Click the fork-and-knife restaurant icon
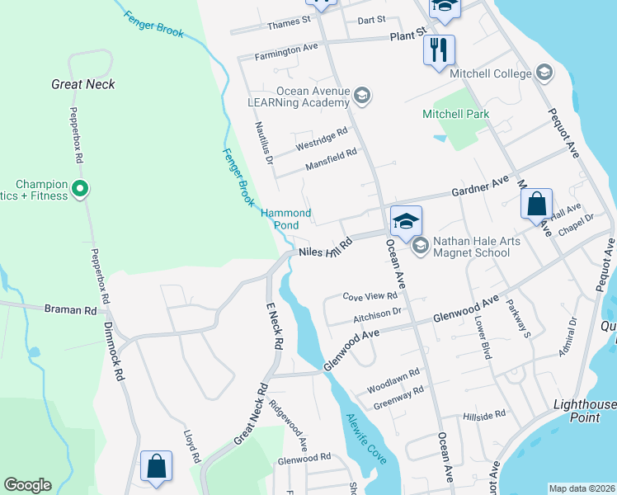pyautogui.click(x=439, y=49)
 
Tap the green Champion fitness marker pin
pyautogui.click(x=80, y=190)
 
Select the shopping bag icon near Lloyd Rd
pyautogui.click(x=156, y=467)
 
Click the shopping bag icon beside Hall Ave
pyautogui.click(x=536, y=203)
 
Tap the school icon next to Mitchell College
pyautogui.click(x=544, y=73)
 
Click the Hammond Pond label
pyautogui.click(x=286, y=219)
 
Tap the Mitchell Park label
pyautogui.click(x=456, y=114)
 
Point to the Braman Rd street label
pyautogui.click(x=71, y=309)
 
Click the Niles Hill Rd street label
pyautogui.click(x=326, y=247)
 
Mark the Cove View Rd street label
pyautogui.click(x=370, y=296)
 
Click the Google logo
pyautogui.click(x=27, y=485)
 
